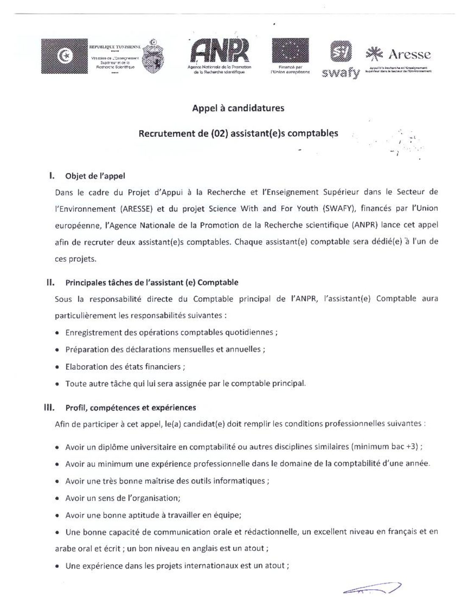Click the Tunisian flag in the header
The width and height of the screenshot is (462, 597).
64,56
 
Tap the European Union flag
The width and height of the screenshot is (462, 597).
290,50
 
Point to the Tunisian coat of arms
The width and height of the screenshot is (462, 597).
153,56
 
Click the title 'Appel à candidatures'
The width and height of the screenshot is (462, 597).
238,108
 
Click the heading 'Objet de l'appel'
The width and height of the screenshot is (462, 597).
95,176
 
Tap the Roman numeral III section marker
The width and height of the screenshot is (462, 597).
49,407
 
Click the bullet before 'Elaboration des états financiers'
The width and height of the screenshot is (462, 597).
57,367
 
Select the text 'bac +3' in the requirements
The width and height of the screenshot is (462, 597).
405,446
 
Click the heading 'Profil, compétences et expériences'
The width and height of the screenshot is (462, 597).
131,408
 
